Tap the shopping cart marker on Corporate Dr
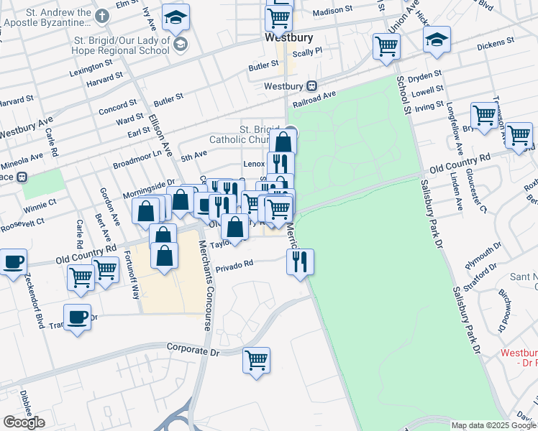coord(256,361)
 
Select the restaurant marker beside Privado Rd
coord(300,261)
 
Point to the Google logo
coord(24,422)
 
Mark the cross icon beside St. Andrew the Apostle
coord(103,16)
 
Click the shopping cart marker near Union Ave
coord(386,47)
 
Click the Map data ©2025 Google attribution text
coord(493,425)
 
